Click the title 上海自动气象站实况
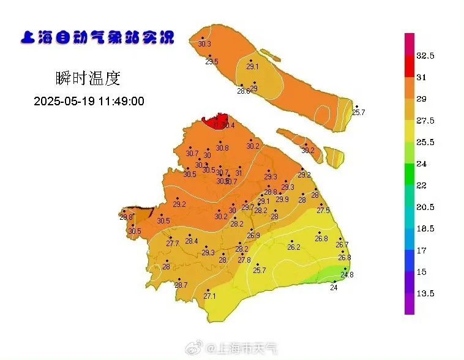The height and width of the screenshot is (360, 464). coord(97,37)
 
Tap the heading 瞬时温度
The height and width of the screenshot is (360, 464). coord(88,78)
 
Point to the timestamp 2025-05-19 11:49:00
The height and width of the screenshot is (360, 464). coord(89,101)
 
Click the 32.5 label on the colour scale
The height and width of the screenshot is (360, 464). coord(425,56)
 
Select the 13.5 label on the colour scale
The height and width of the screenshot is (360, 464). coord(425,293)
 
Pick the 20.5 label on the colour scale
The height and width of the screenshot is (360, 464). coord(425,207)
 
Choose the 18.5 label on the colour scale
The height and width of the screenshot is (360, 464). coord(425,228)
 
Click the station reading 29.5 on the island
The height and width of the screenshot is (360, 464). coord(212,62)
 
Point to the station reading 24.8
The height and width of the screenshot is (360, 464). coord(346,275)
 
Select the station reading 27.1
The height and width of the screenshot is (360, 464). coord(210,296)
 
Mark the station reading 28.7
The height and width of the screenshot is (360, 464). coord(181,285)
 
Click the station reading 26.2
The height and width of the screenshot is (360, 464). coord(294,247)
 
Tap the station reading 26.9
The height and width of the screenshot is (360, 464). coord(253,236)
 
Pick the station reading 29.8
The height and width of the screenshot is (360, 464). coord(126,217)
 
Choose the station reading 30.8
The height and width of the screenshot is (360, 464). coord(222,148)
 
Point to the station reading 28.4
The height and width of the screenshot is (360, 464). coord(192,241)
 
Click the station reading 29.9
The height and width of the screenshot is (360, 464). coord(282,199)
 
